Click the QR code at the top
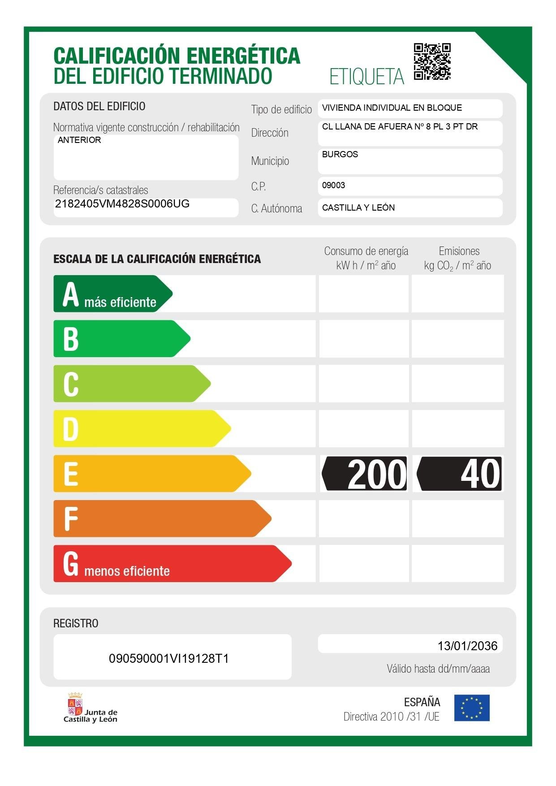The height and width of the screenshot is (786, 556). [432, 61]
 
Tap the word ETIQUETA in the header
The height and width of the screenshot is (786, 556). [366, 77]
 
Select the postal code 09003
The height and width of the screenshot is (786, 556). [333, 186]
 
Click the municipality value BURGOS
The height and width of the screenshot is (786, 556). [340, 155]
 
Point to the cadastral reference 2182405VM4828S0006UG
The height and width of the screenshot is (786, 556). [122, 204]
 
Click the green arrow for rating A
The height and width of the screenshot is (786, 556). [112, 294]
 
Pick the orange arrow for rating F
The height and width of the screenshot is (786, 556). [161, 518]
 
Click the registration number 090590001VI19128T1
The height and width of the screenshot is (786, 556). [169, 658]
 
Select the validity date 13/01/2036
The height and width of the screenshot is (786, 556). [467, 646]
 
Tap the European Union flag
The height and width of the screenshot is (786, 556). [472, 708]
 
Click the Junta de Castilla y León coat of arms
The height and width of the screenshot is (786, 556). [75, 704]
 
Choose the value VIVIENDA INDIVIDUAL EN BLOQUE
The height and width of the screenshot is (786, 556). [392, 108]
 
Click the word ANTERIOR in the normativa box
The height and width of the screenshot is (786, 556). [79, 140]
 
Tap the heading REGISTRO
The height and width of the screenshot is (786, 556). [76, 623]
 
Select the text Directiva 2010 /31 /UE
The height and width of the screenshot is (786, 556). [391, 717]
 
